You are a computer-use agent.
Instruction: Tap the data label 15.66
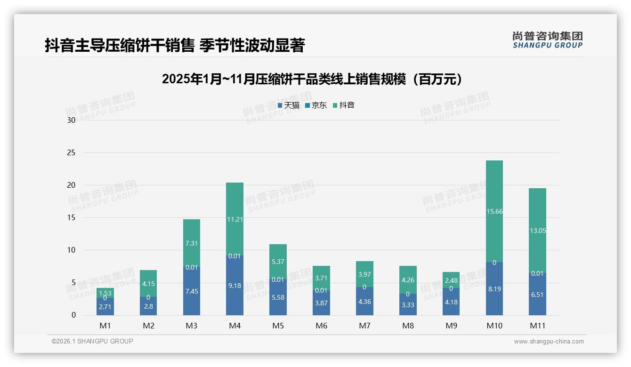[x=494, y=212]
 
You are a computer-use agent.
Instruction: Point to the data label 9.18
[x=235, y=286]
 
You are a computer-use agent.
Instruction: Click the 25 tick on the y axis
[x=71, y=153]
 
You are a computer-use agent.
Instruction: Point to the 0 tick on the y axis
[x=73, y=315]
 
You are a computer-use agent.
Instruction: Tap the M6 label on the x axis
[x=321, y=326]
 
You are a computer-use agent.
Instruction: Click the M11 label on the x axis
[x=537, y=326]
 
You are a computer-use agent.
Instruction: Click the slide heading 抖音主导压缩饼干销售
[x=175, y=45]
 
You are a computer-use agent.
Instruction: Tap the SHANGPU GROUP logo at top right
[x=547, y=40]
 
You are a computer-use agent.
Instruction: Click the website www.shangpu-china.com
[x=549, y=342]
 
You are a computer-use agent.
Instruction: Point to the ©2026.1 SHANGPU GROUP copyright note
[x=92, y=341]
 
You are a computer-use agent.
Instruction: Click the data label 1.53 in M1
[x=105, y=293]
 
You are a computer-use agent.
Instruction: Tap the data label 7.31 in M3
[x=192, y=243]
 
